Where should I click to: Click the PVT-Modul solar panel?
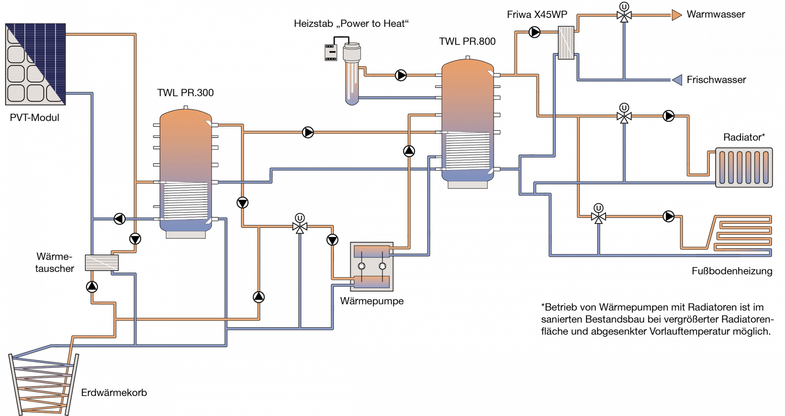tap(35, 64)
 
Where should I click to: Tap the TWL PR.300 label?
tap(185, 93)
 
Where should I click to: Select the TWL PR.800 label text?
tap(467, 41)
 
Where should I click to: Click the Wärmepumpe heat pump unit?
tap(372, 266)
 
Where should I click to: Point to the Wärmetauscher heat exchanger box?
tap(102, 263)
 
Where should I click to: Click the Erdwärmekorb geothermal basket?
tap(43, 384)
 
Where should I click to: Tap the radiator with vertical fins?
tap(744, 167)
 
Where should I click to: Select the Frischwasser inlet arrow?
tap(677, 80)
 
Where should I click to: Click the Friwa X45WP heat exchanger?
tap(566, 42)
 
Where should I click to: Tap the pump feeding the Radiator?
tap(668, 116)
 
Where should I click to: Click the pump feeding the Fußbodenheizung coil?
tap(668, 216)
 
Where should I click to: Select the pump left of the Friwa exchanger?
tap(534, 32)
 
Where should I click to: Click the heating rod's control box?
tap(331, 52)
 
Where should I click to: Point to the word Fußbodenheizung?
tap(732, 271)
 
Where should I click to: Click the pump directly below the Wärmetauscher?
tap(92, 287)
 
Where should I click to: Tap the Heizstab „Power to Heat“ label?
tap(351, 24)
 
